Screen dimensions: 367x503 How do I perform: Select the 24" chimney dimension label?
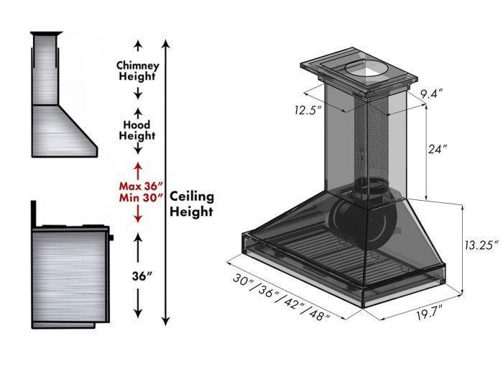pyautogui.click(x=438, y=149)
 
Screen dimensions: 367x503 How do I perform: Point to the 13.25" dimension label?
pyautogui.click(x=480, y=245)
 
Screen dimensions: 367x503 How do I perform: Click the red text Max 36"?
pyautogui.click(x=137, y=185)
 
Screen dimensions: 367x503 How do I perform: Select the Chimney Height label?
pyautogui.click(x=137, y=71)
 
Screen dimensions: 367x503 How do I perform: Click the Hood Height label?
pyautogui.click(x=137, y=130)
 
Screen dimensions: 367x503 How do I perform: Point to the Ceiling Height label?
pyautogui.click(x=192, y=204)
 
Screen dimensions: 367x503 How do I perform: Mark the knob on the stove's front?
pyautogui.click(x=111, y=236)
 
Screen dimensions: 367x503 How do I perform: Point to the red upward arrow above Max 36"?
pyautogui.click(x=137, y=171)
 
